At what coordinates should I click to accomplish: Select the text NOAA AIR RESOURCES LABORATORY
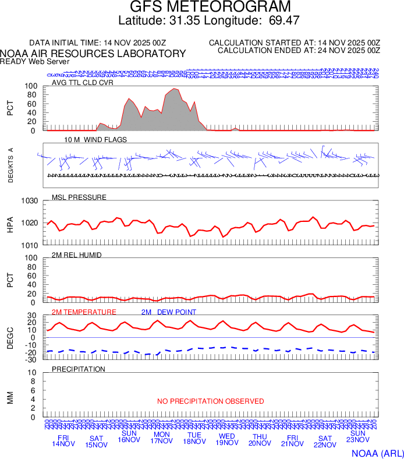93,53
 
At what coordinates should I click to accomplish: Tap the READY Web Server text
35,61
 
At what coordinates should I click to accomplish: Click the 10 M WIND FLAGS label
95,140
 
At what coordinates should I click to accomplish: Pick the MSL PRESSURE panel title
79,197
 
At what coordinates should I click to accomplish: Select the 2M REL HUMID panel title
77,255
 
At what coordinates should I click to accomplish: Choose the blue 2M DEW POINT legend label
169,312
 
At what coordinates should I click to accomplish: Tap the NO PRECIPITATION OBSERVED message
211,401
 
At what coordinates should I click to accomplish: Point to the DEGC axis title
10,338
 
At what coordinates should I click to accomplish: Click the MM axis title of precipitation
10,397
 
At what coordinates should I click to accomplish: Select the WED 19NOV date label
227,440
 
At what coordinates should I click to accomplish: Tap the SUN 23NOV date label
357,437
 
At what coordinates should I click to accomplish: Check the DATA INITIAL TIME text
98,43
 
